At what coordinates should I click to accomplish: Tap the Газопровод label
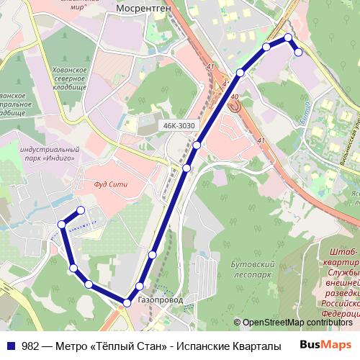tap(159, 300)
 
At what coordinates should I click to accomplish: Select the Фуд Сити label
tap(110, 184)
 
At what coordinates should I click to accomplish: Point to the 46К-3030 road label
tap(179, 126)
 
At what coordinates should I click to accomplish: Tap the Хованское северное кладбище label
tap(71, 78)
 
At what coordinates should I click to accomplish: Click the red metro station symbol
tap(235, 106)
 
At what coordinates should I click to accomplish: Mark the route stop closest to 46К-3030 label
tap(196, 145)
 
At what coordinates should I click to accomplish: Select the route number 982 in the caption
tap(30, 345)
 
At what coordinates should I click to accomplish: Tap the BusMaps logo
tap(325, 344)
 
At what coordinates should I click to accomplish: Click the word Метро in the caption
tap(76, 345)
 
